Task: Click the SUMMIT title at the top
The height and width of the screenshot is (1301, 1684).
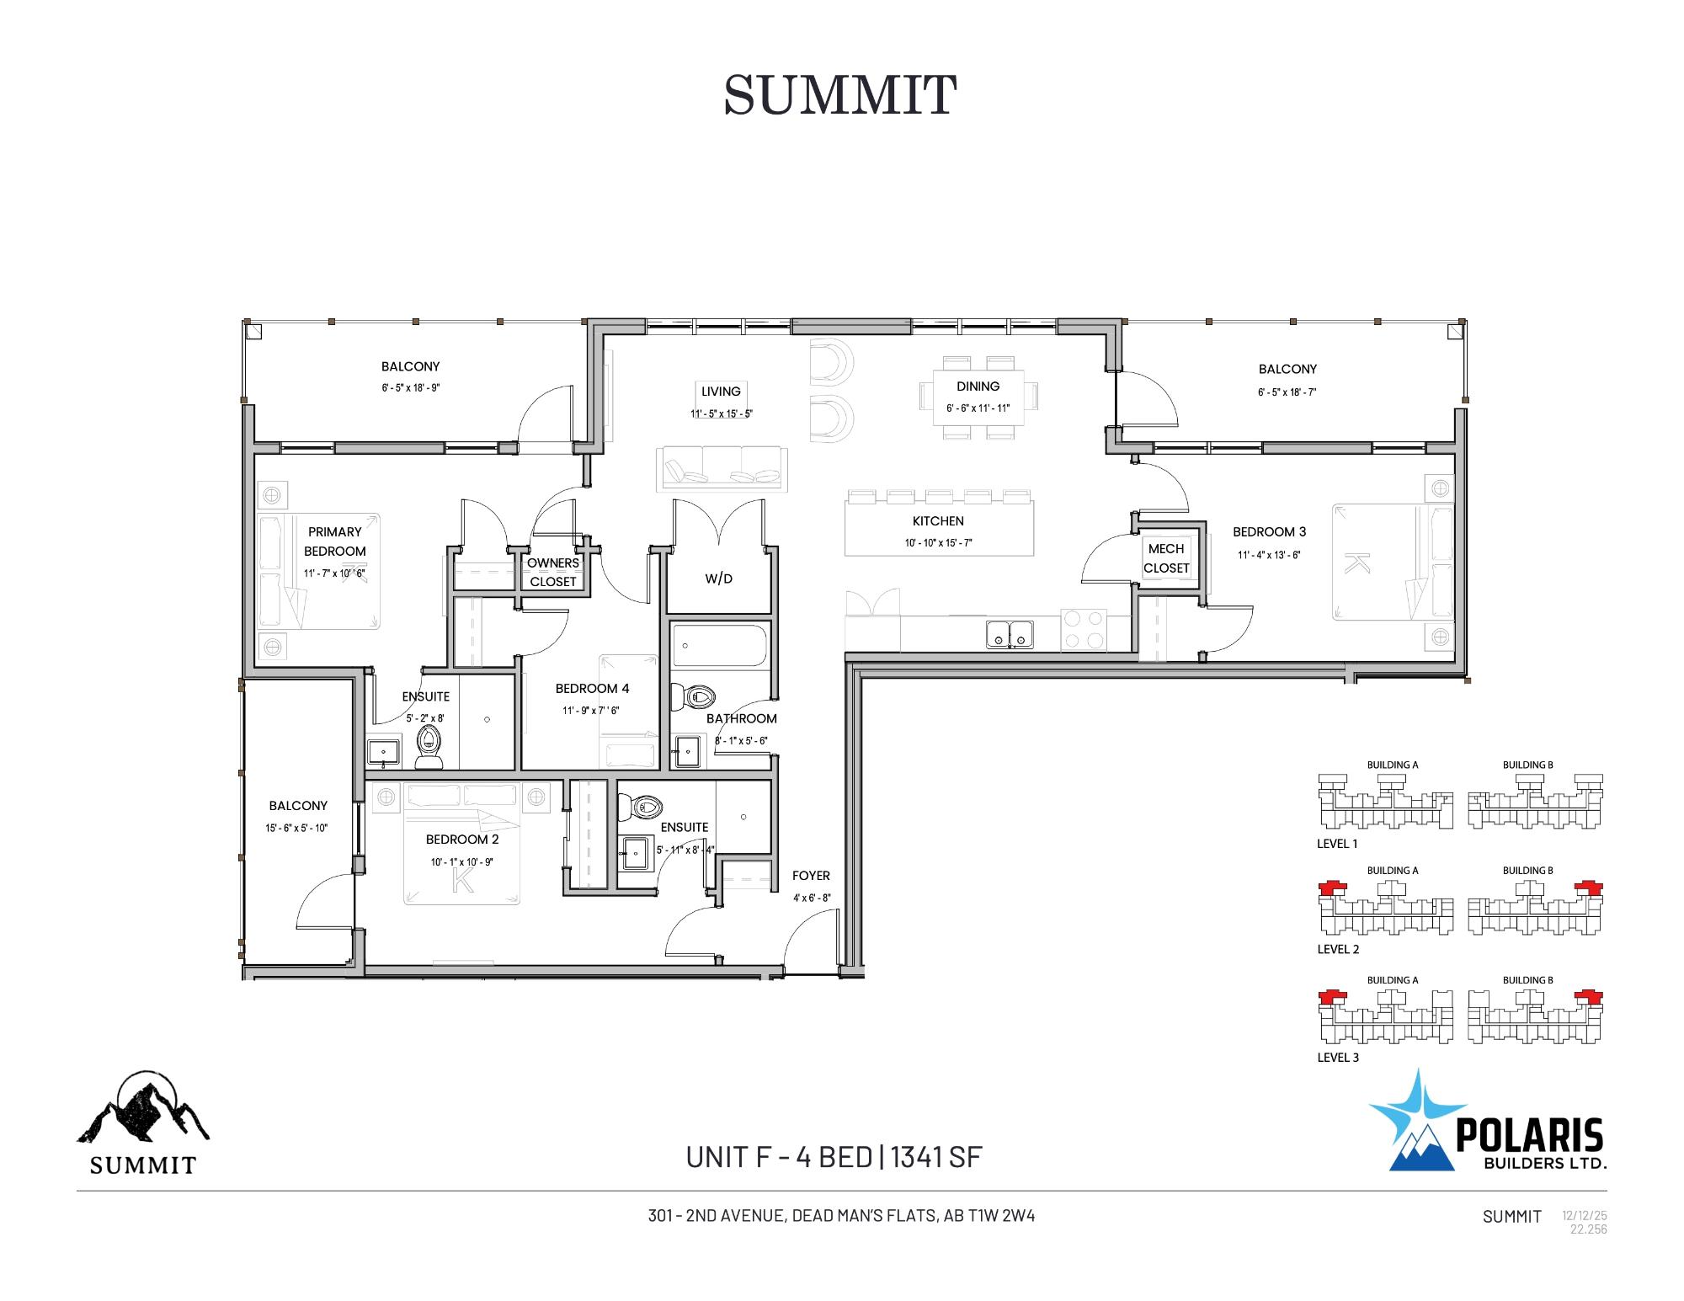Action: pos(839,94)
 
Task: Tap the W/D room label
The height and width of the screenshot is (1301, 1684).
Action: pos(718,579)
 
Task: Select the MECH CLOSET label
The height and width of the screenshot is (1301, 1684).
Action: pos(1166,558)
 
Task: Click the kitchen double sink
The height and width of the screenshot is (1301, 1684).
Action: pos(1010,634)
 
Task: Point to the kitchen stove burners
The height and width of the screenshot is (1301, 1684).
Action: pos(1083,630)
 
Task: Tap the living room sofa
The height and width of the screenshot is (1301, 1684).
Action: pos(722,469)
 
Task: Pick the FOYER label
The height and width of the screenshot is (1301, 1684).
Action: pos(811,876)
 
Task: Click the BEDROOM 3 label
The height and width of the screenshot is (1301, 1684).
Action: pos(1269,532)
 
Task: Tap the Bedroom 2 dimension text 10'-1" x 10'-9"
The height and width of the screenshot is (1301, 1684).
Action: pos(461,862)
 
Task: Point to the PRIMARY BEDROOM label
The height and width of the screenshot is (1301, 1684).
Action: pos(335,541)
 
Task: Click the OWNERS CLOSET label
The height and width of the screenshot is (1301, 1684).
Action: pos(553,572)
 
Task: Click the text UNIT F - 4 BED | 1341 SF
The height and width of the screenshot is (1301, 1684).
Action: pos(834,1158)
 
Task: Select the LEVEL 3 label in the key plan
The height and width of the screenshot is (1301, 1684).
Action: pos(1338,1058)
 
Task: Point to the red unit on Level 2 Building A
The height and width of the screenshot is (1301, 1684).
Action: pos(1333,888)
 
